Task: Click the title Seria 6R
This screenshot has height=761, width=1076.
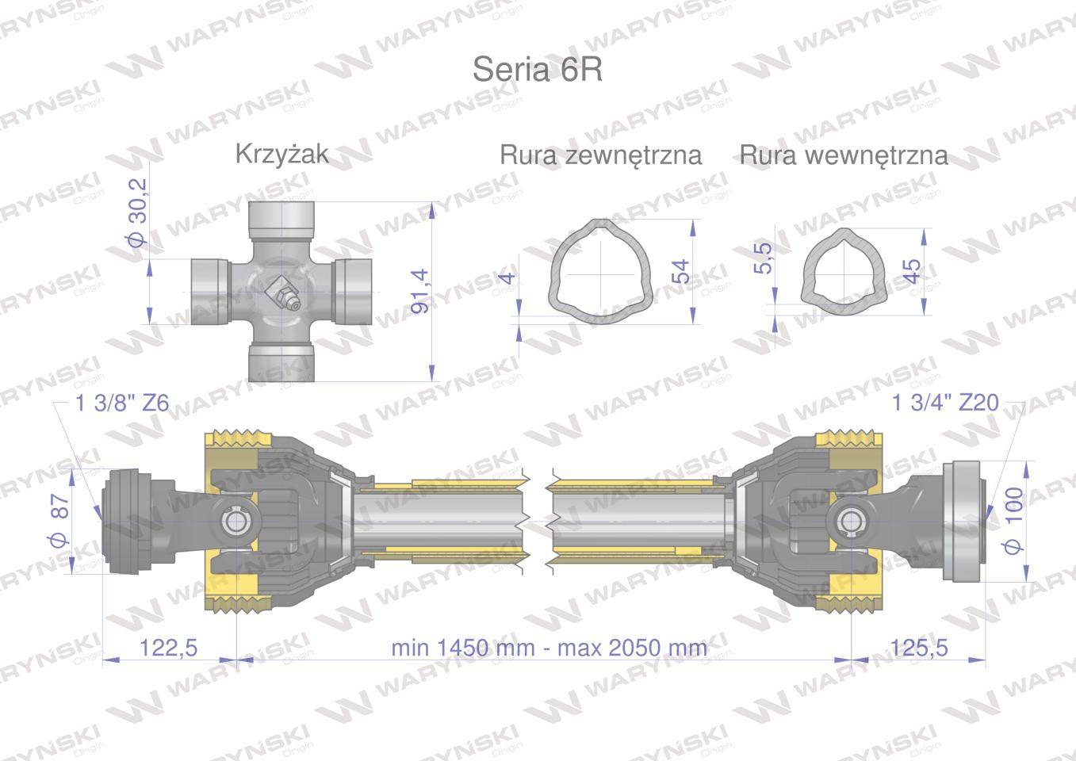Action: pos(537,70)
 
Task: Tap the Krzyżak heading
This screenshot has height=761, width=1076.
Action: pos(282,155)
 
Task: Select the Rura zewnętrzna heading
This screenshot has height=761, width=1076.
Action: pos(600,155)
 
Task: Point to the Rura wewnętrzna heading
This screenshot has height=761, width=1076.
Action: pos(844,155)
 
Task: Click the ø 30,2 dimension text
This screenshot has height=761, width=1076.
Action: pos(139,212)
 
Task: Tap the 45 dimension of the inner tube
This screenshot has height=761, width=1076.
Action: pos(911,272)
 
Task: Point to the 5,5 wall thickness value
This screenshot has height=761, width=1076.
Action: pos(762,258)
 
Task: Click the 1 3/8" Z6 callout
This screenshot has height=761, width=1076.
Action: pos(122,403)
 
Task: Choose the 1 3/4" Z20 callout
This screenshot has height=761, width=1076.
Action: pos(945,403)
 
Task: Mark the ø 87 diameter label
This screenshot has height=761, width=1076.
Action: pos(60,520)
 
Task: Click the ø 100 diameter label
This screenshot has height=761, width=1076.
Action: pos(1013,521)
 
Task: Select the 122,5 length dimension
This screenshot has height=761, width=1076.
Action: pos(168,648)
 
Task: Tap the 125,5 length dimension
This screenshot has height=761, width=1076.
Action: pos(919,648)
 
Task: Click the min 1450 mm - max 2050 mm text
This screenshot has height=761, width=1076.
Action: pos(549,648)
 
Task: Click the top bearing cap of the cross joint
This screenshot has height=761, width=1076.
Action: pos(281,215)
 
